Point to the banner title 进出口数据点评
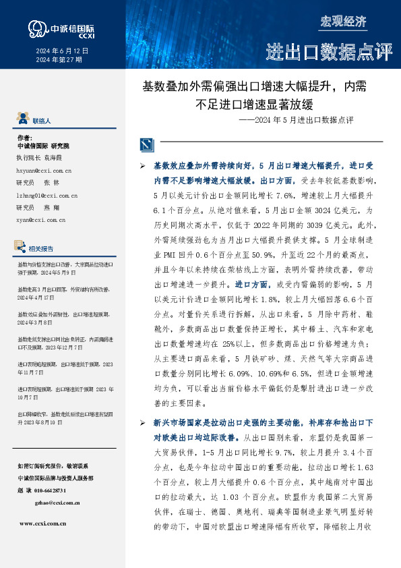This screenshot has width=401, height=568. (x=329, y=51)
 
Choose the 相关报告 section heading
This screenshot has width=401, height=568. (x=47, y=248)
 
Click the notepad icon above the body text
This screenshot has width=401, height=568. (x=146, y=144)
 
